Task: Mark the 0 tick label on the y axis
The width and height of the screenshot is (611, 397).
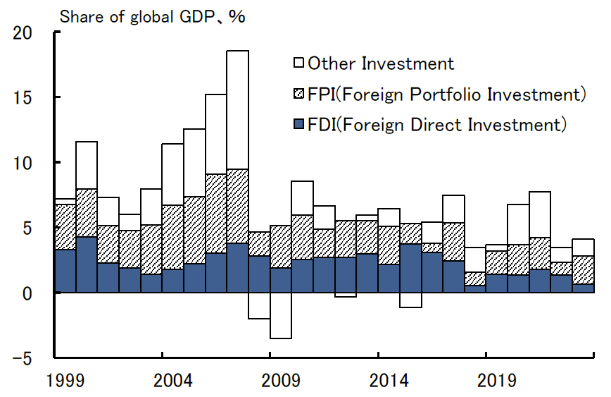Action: (29, 293)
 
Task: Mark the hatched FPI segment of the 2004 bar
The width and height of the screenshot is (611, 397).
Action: (173, 237)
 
